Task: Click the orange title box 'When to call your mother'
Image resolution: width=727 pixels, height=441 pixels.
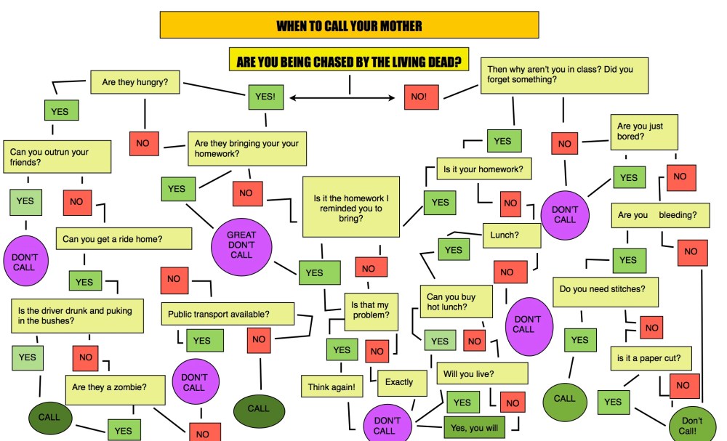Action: point(349,25)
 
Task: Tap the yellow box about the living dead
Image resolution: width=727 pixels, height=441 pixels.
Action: point(348,60)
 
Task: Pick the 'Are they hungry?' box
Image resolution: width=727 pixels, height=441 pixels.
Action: point(135,82)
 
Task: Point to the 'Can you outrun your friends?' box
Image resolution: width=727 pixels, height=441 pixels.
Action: point(57,157)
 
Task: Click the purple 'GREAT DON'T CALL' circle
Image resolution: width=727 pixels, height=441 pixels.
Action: point(241,245)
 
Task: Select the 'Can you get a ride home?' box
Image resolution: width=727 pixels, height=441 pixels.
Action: point(124,238)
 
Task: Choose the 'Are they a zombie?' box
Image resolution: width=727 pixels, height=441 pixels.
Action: point(118,388)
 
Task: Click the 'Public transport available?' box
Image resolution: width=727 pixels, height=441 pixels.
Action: point(228,314)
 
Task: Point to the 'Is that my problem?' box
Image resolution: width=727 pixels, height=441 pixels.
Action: point(371,310)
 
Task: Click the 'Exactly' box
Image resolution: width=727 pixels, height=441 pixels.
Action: point(399,381)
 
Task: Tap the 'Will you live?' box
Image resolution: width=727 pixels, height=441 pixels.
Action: point(481,374)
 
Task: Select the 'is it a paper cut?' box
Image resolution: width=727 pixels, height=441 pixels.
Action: point(649,357)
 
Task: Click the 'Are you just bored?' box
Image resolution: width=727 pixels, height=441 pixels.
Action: point(645,132)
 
